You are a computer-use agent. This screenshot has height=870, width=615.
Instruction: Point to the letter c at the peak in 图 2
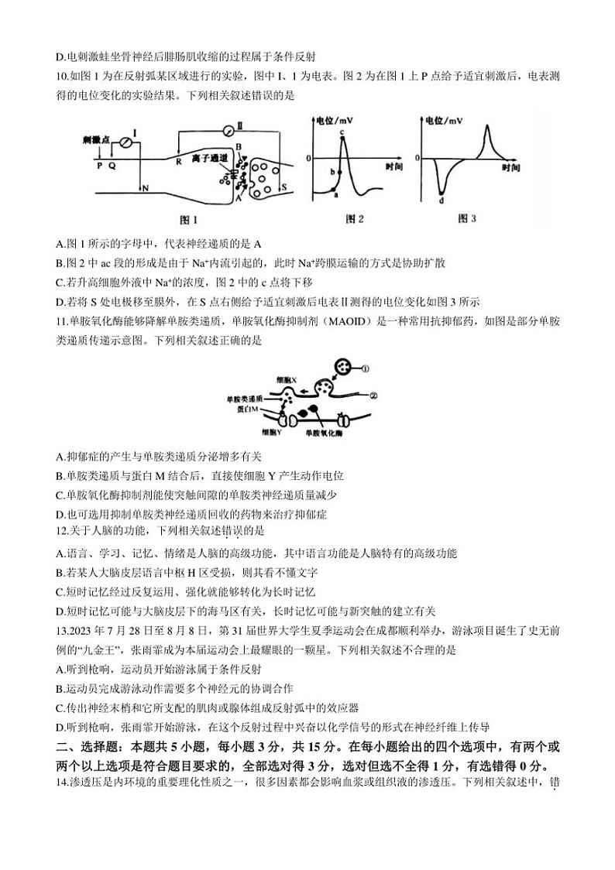(341, 133)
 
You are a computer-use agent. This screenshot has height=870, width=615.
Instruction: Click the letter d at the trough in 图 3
(441, 201)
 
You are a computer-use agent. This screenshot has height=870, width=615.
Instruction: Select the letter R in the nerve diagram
(178, 163)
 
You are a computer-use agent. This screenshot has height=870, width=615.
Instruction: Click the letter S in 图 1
(283, 187)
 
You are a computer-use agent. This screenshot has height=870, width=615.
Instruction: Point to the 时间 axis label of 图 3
(510, 166)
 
